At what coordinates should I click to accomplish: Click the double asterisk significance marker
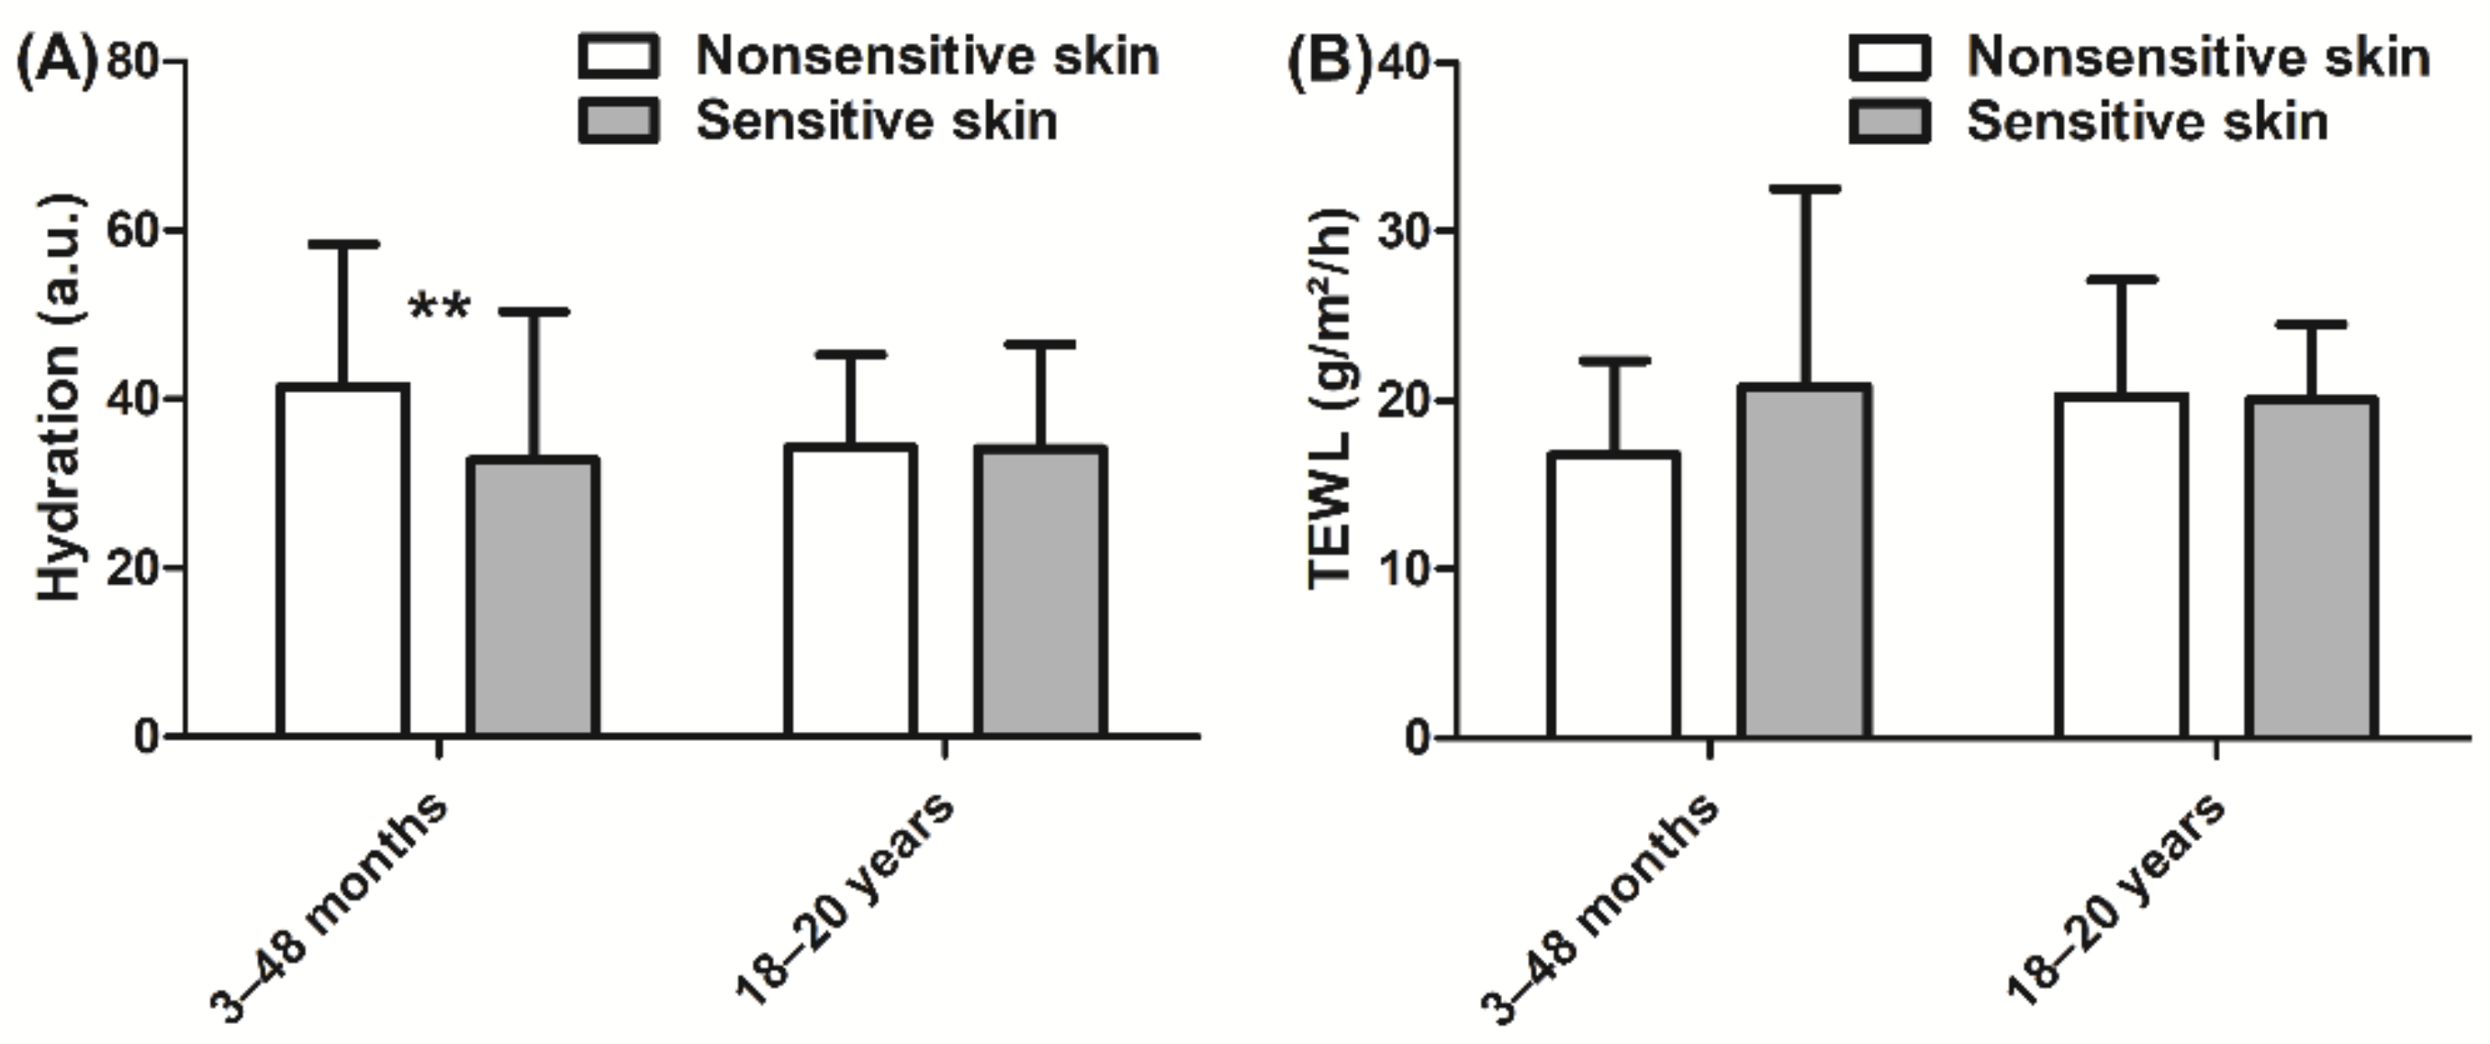(x=440, y=309)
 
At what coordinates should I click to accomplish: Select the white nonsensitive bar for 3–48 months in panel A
(x=342, y=561)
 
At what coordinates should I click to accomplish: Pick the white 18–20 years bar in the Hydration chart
(x=849, y=590)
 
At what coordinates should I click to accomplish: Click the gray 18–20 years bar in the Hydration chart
(x=1040, y=591)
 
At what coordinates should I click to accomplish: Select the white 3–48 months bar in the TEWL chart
(x=1613, y=594)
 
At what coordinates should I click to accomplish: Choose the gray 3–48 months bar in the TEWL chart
(x=1804, y=561)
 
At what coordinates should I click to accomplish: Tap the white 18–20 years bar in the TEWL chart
(x=2122, y=566)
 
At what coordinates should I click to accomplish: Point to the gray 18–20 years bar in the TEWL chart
(x=2311, y=567)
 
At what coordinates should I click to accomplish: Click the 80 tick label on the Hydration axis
(x=133, y=62)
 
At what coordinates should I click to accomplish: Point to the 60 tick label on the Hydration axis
(x=133, y=231)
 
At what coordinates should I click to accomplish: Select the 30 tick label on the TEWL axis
(x=1405, y=231)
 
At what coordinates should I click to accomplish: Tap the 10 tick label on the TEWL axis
(x=1405, y=568)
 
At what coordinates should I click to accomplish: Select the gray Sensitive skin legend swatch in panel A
(x=619, y=121)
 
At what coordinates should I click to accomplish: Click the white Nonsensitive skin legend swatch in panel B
(x=1890, y=58)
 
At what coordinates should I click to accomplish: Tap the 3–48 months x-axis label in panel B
(x=1599, y=909)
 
